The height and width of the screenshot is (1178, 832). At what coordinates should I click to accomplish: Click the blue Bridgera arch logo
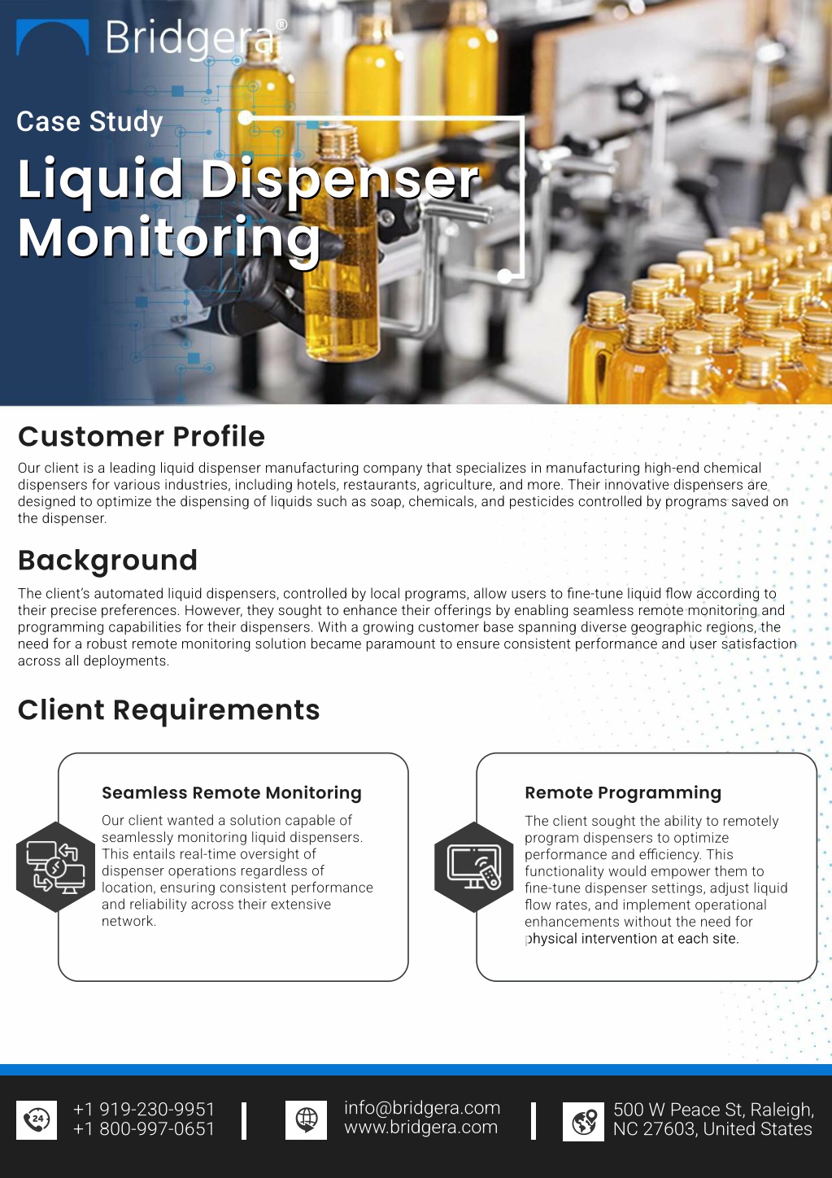click(x=53, y=29)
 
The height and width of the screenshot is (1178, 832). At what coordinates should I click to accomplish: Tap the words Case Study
click(x=89, y=122)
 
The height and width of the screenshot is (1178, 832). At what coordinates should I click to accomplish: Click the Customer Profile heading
click(x=142, y=437)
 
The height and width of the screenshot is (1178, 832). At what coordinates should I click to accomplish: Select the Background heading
click(x=107, y=560)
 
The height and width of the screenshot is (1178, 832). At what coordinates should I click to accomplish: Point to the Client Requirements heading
click(x=168, y=710)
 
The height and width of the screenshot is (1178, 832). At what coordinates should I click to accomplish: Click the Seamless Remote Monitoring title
click(x=232, y=792)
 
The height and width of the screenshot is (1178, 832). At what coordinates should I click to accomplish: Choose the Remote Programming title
click(x=623, y=792)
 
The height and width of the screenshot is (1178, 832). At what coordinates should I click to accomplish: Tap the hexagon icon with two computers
click(x=56, y=866)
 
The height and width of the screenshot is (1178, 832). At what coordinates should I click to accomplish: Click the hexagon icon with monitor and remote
click(x=474, y=866)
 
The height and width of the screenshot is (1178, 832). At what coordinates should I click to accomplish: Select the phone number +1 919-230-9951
click(x=144, y=1109)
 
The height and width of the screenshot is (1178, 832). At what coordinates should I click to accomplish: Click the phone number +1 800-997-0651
click(x=144, y=1128)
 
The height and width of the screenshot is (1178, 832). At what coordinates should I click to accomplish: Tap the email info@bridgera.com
click(x=422, y=1108)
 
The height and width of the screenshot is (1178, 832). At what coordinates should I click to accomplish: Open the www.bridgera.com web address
click(x=421, y=1127)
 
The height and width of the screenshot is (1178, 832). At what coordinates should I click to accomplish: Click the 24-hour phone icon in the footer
click(x=37, y=1120)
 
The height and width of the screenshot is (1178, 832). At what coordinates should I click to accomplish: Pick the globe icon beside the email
click(x=306, y=1120)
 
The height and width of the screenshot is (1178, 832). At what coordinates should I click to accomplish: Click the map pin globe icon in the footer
click(x=583, y=1122)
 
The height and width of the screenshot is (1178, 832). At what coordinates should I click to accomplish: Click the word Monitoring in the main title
click(x=169, y=238)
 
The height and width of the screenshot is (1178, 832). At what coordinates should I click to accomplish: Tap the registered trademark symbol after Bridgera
click(x=281, y=24)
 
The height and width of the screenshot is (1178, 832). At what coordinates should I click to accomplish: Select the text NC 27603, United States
click(x=712, y=1129)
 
